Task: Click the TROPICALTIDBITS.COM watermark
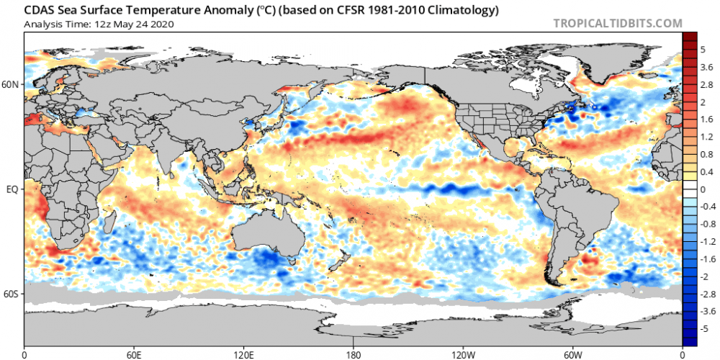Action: coord(617,23)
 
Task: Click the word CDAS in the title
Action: coord(42,10)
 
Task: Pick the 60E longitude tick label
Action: coord(134,354)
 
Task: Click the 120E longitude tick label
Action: coord(243,354)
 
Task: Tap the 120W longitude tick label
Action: coord(463,354)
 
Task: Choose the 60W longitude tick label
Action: coord(572,354)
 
